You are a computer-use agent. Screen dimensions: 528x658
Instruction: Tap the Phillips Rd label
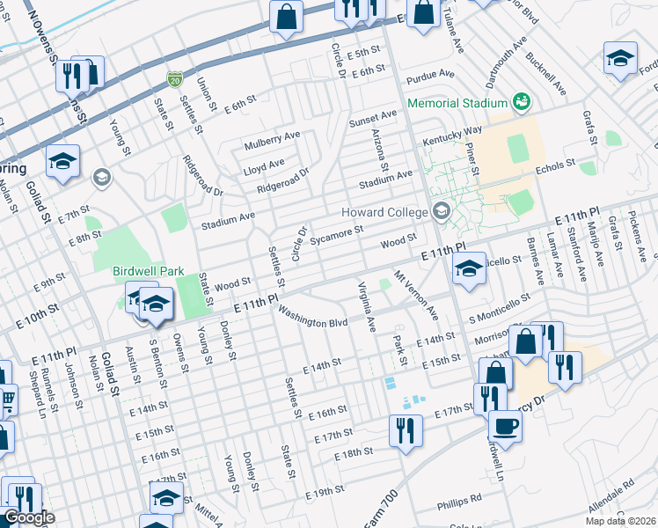[459, 501]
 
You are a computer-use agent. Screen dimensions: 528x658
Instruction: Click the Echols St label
[554, 165]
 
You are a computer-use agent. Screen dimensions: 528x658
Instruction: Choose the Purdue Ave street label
[431, 75]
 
